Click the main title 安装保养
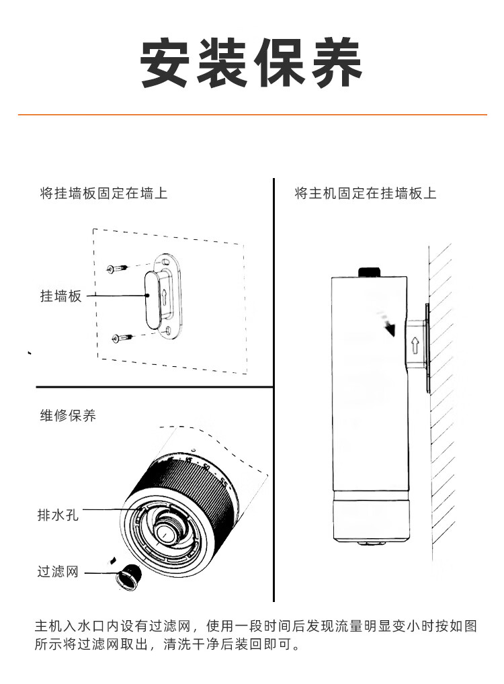[x=251, y=64]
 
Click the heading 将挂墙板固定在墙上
[x=103, y=194]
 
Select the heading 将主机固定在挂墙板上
[x=365, y=194]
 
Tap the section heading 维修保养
[x=68, y=415]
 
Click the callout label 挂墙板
[x=60, y=296]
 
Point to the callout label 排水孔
[x=58, y=516]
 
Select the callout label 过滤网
[x=58, y=572]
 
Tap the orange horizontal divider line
[x=251, y=115]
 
